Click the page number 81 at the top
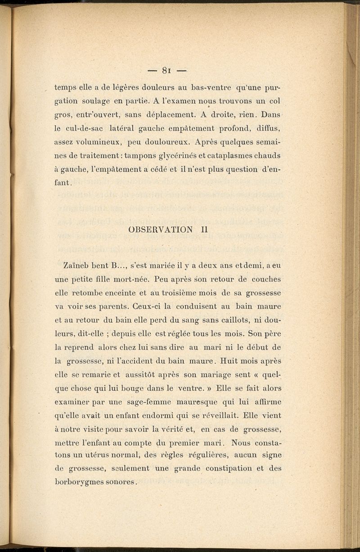pos(166,70)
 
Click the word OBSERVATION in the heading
pos(160,229)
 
